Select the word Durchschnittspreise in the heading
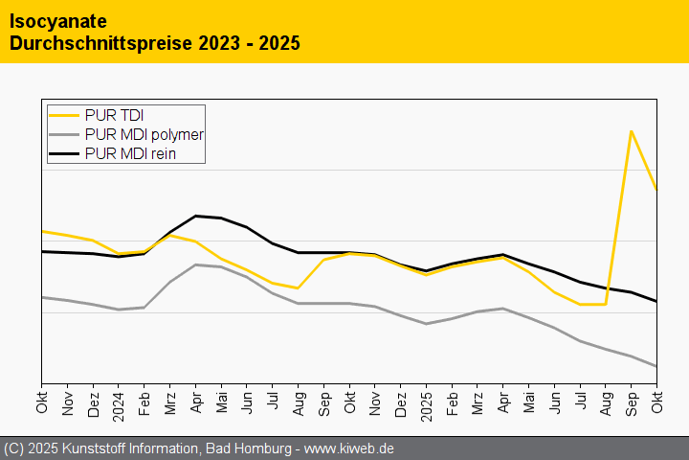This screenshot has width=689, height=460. click(x=100, y=43)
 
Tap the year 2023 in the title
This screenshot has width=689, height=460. click(x=221, y=43)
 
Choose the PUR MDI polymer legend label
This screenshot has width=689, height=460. click(x=144, y=134)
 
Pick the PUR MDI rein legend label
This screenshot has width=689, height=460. click(x=129, y=152)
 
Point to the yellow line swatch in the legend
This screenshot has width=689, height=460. click(x=65, y=116)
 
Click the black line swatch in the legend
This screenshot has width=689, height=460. click(x=65, y=152)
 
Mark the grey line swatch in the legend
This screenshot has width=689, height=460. click(x=65, y=134)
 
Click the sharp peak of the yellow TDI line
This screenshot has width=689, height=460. click(x=631, y=130)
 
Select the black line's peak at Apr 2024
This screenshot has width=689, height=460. click(x=195, y=216)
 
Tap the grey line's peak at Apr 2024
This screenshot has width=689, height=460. click(x=195, y=264)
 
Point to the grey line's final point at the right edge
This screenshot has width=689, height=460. click(x=656, y=366)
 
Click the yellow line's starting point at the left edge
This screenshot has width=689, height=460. click(x=42, y=231)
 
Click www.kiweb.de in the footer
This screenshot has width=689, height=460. click(x=349, y=448)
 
